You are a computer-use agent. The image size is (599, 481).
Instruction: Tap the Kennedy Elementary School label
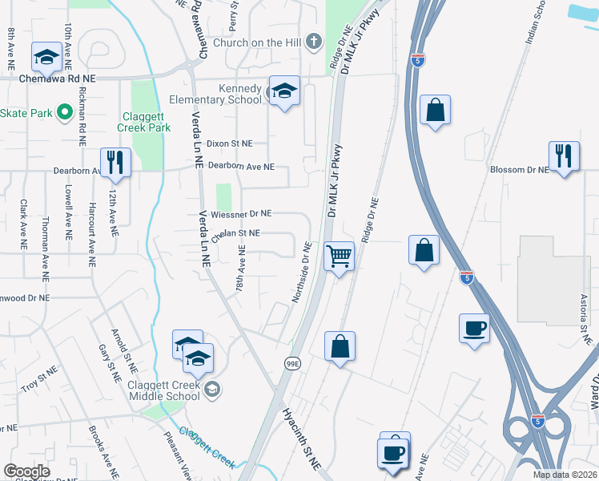(x=215, y=94)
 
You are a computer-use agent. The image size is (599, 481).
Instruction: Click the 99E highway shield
(x=292, y=363)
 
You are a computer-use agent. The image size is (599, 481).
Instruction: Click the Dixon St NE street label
(x=229, y=143)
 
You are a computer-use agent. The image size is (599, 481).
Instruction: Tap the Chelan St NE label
(x=236, y=232)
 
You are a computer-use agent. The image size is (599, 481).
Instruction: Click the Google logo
(x=26, y=471)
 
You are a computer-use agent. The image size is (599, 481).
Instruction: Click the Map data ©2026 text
(x=565, y=475)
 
